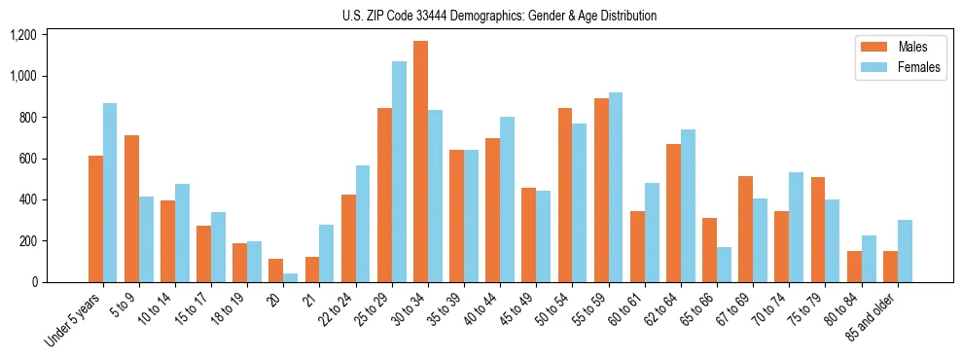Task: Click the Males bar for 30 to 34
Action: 420,162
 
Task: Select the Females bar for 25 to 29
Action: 399,172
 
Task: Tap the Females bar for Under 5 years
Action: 110,193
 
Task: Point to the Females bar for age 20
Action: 291,278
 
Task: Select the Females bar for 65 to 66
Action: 724,265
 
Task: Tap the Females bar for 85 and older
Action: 905,251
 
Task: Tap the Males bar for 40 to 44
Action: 492,210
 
